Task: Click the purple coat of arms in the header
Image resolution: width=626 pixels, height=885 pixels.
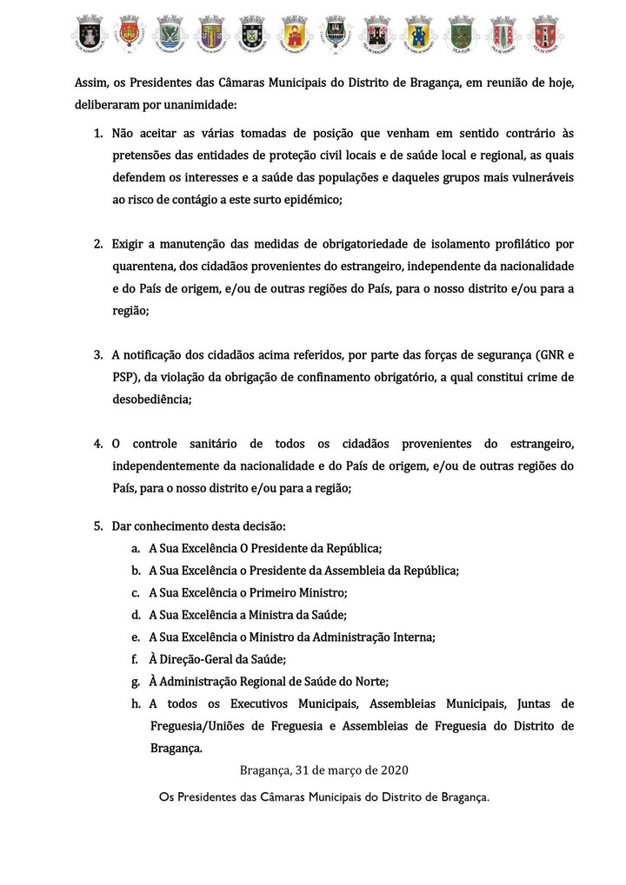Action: click(x=211, y=33)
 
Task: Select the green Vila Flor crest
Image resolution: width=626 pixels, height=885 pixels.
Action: click(x=461, y=33)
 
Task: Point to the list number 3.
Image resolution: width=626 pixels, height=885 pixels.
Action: click(x=98, y=355)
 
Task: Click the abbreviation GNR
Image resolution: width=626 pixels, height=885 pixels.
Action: click(x=549, y=355)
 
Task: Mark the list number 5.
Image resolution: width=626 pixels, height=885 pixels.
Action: click(x=98, y=526)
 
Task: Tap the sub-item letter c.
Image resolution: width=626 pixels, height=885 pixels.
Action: click(x=136, y=593)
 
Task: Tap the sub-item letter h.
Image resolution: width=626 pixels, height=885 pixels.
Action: click(x=136, y=703)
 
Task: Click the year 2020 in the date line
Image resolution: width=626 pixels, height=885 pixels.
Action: click(x=391, y=769)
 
